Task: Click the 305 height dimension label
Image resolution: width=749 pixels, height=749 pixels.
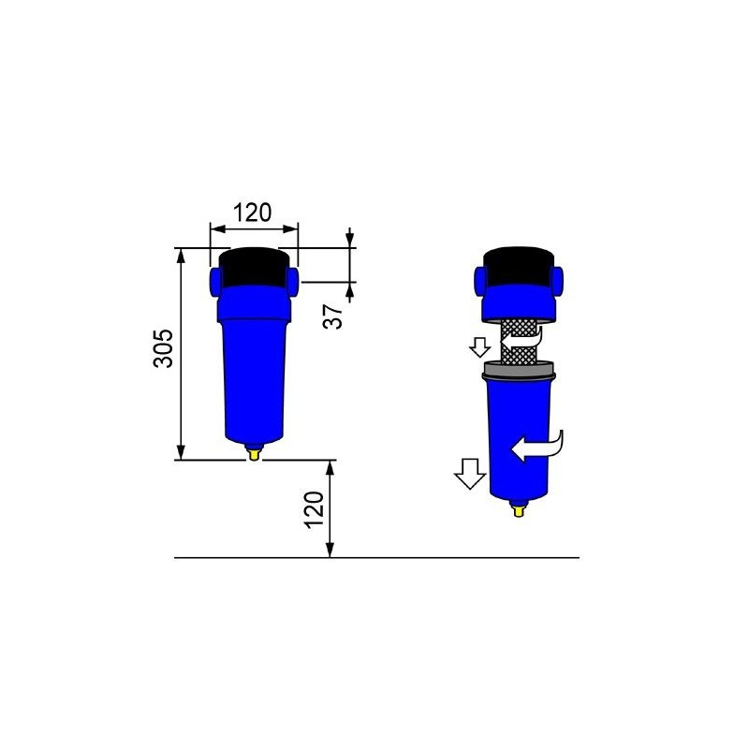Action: click(163, 347)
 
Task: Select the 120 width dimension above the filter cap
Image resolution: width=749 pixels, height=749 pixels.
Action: click(253, 213)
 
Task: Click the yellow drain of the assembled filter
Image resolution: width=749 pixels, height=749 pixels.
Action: click(253, 454)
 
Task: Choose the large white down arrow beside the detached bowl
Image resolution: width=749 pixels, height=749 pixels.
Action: click(466, 477)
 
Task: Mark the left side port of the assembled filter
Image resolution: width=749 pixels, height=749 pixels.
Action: click(214, 278)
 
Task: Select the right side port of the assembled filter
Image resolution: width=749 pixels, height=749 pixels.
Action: click(292, 278)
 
